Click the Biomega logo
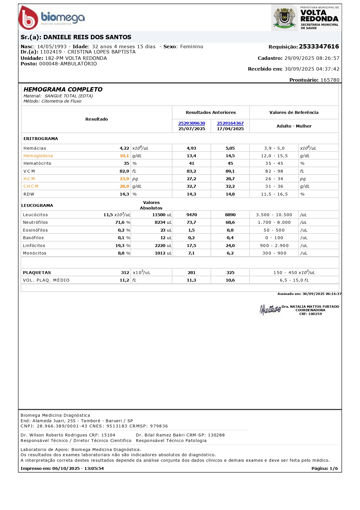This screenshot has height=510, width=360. [x=52, y=18]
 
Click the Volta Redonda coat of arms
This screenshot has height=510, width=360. [x=284, y=18]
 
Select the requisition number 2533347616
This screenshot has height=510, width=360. [x=319, y=46]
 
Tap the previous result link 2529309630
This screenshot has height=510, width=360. [x=192, y=123]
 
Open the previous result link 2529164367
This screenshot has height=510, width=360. [x=230, y=123]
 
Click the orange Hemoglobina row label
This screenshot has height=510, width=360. [x=38, y=156]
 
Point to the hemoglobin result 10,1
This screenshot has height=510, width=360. [x=124, y=156]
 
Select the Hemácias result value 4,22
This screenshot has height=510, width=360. [x=124, y=148]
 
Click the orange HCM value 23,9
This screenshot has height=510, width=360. [x=124, y=179]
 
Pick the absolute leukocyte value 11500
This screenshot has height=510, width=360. [x=159, y=215]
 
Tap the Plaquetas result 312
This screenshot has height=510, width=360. [x=125, y=273]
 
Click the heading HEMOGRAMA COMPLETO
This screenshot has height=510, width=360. [x=63, y=90]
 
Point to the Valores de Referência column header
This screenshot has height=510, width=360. [x=294, y=112]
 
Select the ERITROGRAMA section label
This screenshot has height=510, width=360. [x=41, y=139]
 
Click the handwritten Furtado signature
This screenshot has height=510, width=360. [x=270, y=309]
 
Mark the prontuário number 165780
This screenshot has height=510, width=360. [x=330, y=80]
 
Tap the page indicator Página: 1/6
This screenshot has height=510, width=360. [x=325, y=468]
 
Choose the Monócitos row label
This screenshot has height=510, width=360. [x=35, y=253]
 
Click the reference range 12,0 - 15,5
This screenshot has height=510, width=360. [x=274, y=156]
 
